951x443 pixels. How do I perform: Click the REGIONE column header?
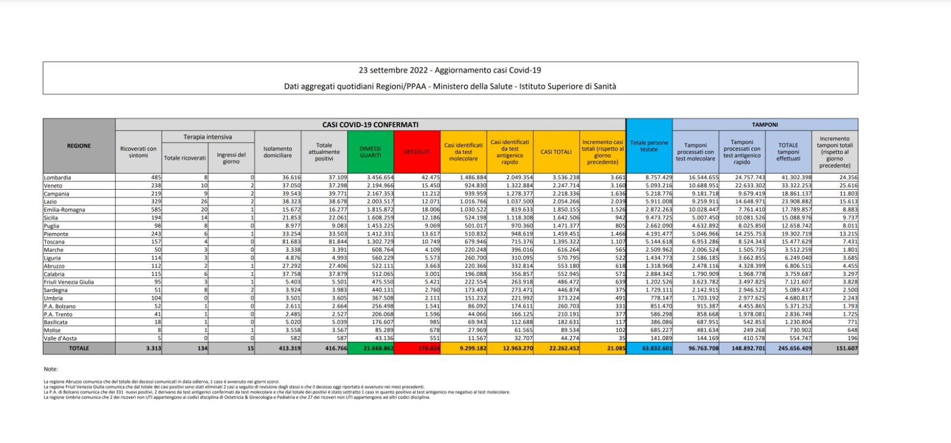coord(79,146)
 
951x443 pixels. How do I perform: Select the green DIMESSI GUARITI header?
coord(370,152)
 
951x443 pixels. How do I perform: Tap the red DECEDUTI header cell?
coord(417,152)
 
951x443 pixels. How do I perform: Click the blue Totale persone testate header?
coord(649,146)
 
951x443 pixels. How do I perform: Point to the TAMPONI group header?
coord(764,125)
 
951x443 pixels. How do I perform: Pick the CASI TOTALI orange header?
coord(556,152)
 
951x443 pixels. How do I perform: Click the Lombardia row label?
coord(58,178)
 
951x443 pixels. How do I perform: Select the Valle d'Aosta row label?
coord(59,338)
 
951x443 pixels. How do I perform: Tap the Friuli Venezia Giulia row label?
coord(69,282)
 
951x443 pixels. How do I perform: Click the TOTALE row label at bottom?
coord(79,348)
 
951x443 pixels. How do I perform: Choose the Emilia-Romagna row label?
coord(64,210)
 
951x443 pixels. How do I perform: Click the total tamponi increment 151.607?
coord(846,348)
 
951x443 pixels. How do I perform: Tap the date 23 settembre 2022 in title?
coord(393,70)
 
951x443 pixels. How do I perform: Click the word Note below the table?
coord(51,369)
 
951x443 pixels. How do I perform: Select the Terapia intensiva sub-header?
coord(207,137)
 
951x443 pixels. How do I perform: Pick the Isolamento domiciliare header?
coord(278,152)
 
